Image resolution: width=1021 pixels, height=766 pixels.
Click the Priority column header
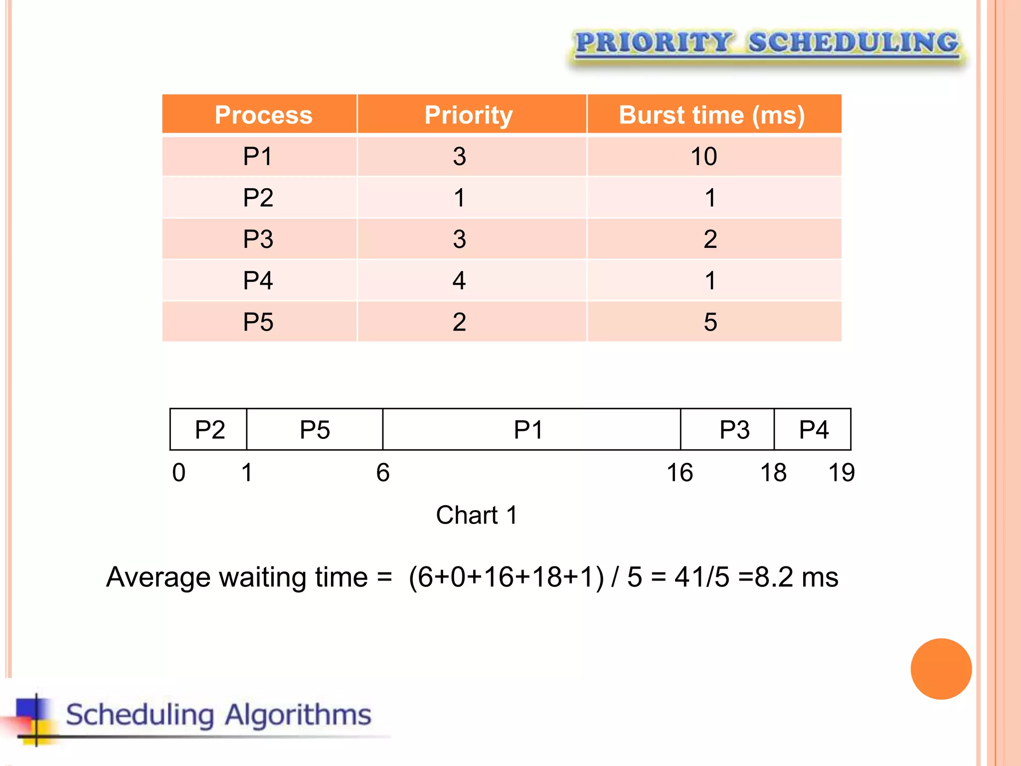(469, 115)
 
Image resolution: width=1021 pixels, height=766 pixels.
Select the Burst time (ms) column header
(711, 115)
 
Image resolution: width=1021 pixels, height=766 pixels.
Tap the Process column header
(263, 115)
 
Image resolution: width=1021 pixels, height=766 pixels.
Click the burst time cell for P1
(703, 156)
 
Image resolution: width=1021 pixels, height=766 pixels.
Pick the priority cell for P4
(459, 280)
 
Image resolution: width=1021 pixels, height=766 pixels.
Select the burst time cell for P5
(710, 322)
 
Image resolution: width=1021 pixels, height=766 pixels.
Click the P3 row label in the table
(258, 239)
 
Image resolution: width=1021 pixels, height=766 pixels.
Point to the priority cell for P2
(459, 197)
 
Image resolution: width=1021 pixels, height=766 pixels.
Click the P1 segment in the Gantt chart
(528, 429)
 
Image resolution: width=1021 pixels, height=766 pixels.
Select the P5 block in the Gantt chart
(315, 429)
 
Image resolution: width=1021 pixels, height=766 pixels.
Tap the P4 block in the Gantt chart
(813, 429)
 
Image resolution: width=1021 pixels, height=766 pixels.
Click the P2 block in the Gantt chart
(209, 429)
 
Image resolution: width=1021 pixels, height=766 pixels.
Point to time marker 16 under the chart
(680, 472)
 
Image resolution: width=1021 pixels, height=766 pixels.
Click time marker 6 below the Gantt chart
(382, 472)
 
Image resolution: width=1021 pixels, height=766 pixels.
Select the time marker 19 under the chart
(842, 472)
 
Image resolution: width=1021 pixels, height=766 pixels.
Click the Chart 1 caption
(477, 515)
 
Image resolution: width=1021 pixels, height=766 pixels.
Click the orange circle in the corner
(941, 669)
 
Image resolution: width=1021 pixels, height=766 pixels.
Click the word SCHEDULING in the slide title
(853, 42)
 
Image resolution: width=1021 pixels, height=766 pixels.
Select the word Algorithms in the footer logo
(298, 715)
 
